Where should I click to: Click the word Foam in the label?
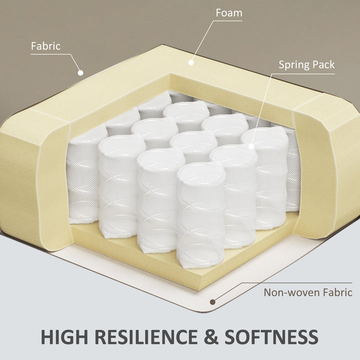coord(229,13)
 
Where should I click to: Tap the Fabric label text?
coord(45,46)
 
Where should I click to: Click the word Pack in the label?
coord(323,64)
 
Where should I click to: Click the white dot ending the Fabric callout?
coord(80,73)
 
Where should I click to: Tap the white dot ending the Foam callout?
coord(191,62)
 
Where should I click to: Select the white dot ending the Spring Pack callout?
coord(251,146)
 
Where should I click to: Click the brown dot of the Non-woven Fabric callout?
coord(212,302)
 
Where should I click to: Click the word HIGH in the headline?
coord(64,337)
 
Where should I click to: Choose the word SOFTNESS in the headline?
coord(271,337)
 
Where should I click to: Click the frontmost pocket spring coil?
coord(200,214)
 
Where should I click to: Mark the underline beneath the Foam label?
coord(227,21)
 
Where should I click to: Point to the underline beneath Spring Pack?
coord(303,74)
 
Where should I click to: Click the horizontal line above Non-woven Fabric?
coord(297,283)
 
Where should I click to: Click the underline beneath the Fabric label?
coord(50,54)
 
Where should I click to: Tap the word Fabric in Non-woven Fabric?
coord(337,292)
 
